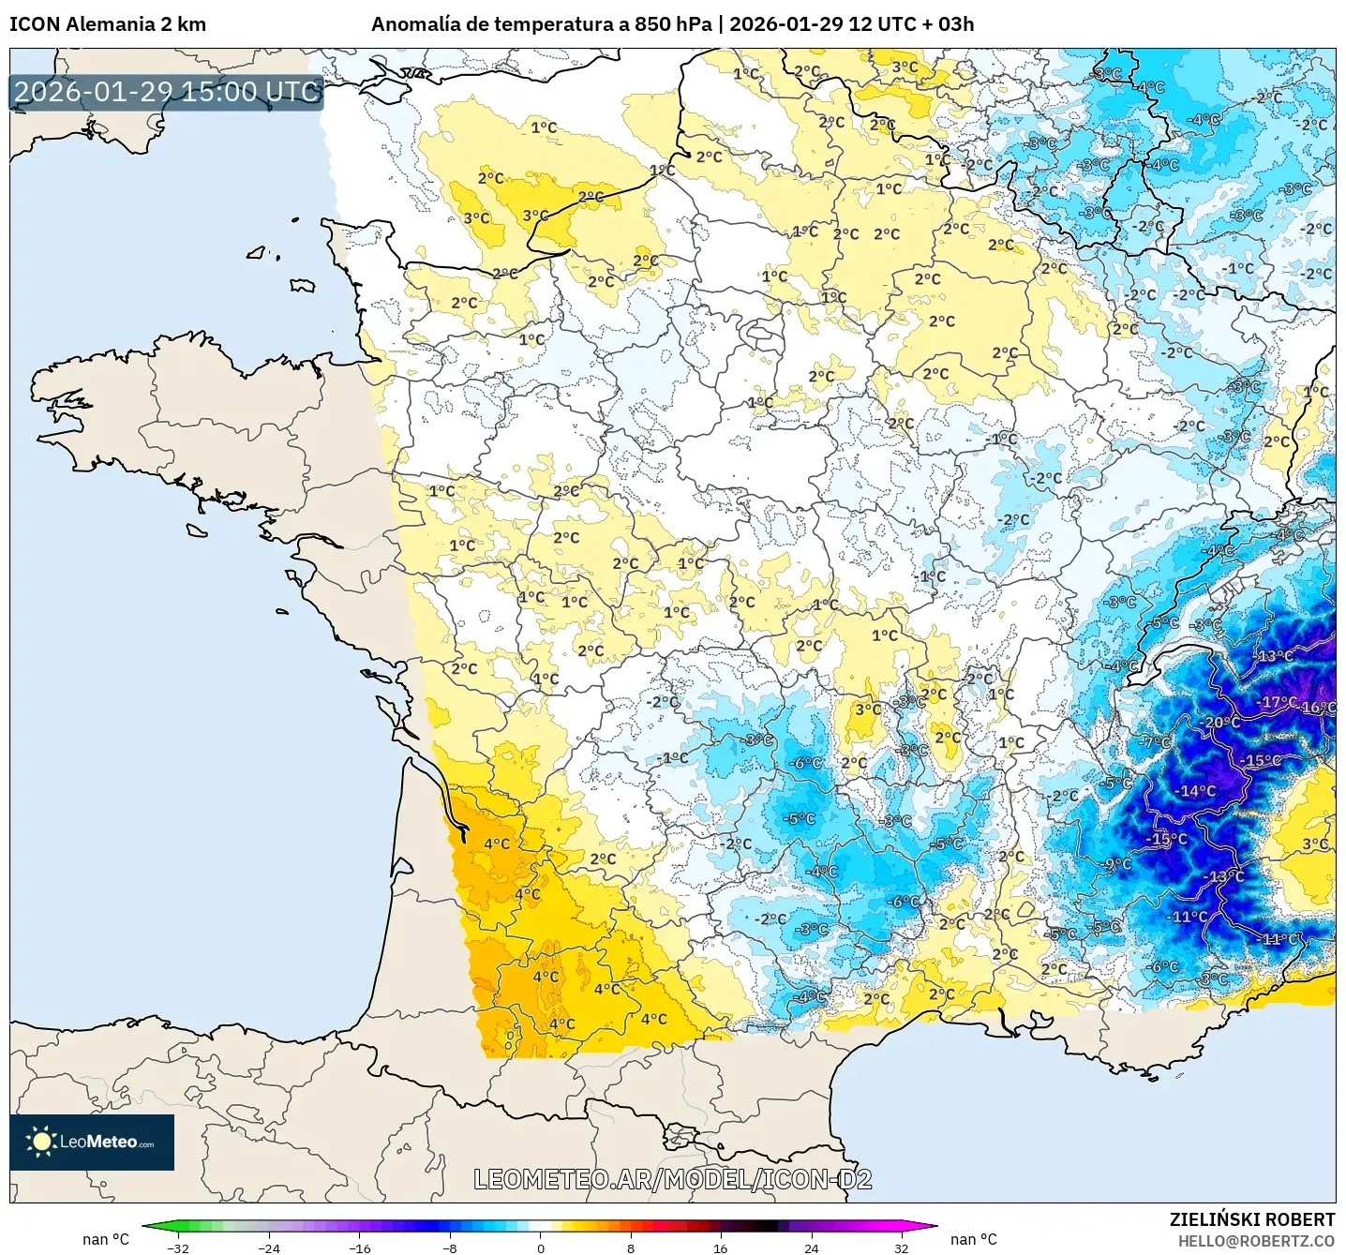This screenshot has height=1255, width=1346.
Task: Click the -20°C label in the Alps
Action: [1219, 723]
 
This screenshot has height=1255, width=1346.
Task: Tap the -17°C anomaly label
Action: [1278, 702]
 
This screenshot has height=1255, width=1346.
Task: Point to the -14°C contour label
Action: [1195, 791]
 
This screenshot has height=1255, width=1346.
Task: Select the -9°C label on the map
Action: [1117, 864]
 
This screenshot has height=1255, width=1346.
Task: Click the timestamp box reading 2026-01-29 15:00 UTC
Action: [167, 92]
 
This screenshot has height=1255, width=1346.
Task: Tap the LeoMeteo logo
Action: [92, 1142]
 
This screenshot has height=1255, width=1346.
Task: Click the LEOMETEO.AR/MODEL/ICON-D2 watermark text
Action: [673, 1179]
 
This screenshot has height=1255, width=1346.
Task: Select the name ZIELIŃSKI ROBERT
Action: [1251, 1219]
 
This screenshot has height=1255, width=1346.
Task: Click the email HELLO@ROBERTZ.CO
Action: [1256, 1241]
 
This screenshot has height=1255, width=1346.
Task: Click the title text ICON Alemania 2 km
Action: [108, 24]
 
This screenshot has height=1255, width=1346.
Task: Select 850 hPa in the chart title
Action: [672, 24]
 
